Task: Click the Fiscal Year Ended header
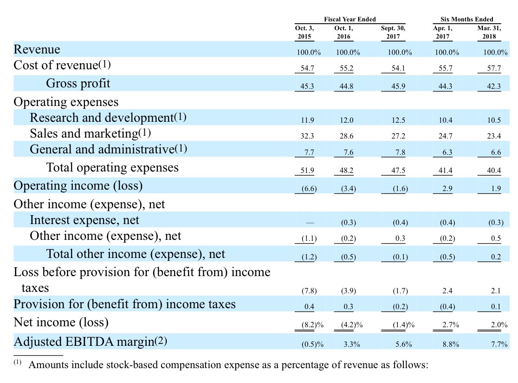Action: [350, 19]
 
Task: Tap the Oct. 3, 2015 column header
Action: [304, 32]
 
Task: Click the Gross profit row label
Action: [78, 83]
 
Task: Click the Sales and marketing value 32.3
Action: [307, 137]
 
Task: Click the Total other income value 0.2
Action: [494, 256]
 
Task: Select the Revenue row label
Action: [37, 49]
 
